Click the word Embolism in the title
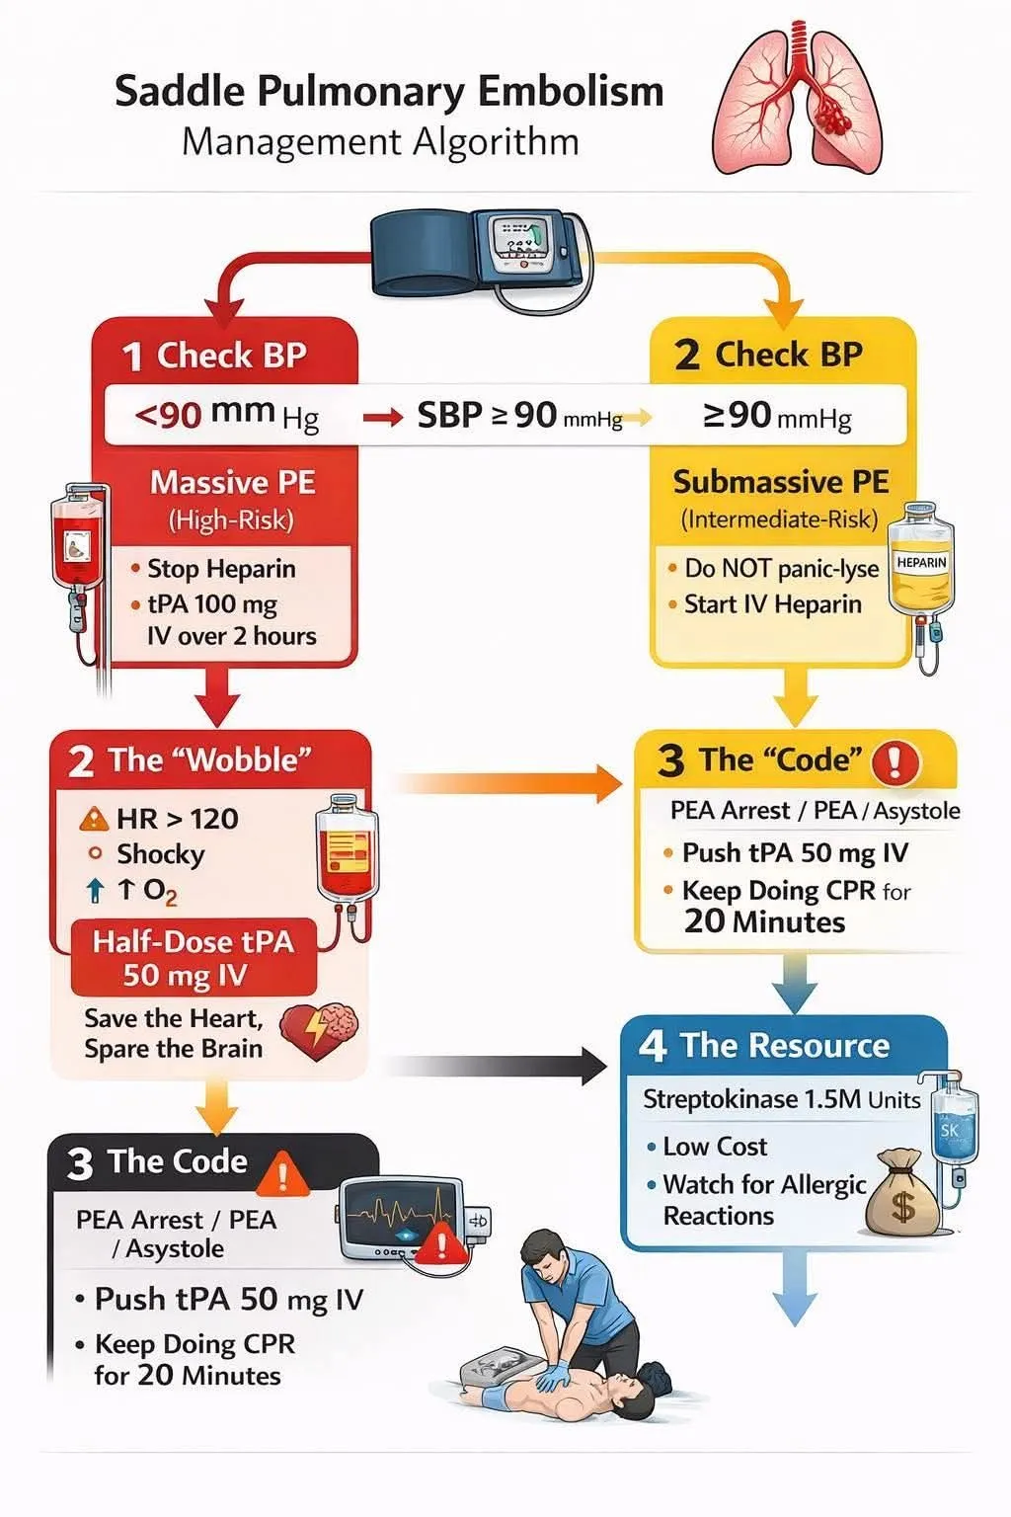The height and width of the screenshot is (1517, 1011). coord(570,92)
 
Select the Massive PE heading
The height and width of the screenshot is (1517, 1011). coord(232,482)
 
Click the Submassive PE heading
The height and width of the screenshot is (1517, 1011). coord(780,482)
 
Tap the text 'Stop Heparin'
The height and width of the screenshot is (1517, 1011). coord(221,569)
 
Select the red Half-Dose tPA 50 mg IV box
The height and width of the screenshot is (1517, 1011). coord(194,958)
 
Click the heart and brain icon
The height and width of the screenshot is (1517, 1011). coord(318,1030)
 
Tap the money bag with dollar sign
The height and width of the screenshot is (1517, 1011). coord(903,1193)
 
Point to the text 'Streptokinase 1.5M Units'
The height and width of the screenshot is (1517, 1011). coord(781,1099)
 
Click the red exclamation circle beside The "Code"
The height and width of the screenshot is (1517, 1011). coord(895,761)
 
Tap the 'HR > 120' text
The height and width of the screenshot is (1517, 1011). coord(178,819)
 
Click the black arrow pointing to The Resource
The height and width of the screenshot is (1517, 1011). coord(495,1066)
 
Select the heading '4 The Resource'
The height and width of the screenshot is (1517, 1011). coord(764,1045)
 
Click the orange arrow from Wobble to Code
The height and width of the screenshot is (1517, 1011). coord(507,783)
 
